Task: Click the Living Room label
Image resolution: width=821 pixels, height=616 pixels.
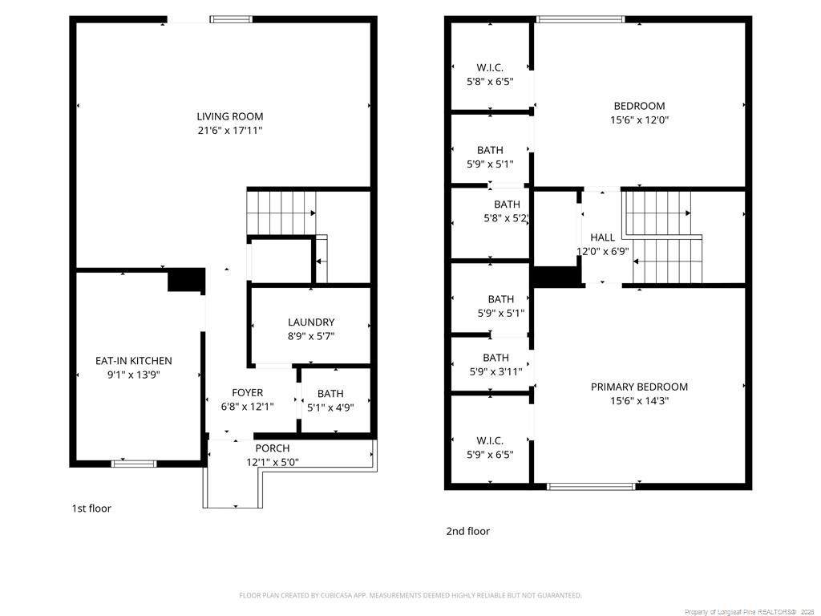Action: pyautogui.click(x=230, y=116)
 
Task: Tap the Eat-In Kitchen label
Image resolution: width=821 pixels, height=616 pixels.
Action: pyautogui.click(x=134, y=360)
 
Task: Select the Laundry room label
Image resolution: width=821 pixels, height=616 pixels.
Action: pyautogui.click(x=311, y=322)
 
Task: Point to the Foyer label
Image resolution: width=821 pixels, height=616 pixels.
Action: pyautogui.click(x=247, y=392)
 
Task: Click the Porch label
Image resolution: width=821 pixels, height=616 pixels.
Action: pyautogui.click(x=273, y=448)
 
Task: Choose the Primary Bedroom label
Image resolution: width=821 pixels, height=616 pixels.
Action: pyautogui.click(x=639, y=387)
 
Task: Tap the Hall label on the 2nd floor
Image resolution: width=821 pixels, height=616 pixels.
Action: pyautogui.click(x=602, y=237)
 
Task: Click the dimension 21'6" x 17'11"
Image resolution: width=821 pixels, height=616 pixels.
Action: pyautogui.click(x=230, y=131)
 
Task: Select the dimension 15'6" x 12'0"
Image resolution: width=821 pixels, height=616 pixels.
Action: pyautogui.click(x=639, y=120)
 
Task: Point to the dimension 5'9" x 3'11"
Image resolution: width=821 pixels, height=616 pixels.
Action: pyautogui.click(x=495, y=371)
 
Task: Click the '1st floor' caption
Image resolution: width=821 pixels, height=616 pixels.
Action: pyautogui.click(x=91, y=508)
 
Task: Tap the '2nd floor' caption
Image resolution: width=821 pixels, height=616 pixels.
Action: pyautogui.click(x=467, y=531)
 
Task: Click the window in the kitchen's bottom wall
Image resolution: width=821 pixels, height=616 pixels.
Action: pyautogui.click(x=134, y=464)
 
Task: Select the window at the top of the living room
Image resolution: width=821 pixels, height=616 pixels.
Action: pyautogui.click(x=232, y=19)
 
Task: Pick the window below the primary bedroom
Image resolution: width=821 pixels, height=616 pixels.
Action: pyautogui.click(x=591, y=487)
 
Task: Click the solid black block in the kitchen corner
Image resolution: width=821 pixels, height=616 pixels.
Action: pyautogui.click(x=186, y=280)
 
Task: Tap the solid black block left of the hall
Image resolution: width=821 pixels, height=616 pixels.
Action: pyautogui.click(x=557, y=277)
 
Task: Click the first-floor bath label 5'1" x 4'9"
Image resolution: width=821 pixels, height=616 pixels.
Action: pyautogui.click(x=330, y=400)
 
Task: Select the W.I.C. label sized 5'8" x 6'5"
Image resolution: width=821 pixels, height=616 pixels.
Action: pyautogui.click(x=490, y=75)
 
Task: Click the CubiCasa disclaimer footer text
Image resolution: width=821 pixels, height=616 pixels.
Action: pyautogui.click(x=410, y=595)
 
